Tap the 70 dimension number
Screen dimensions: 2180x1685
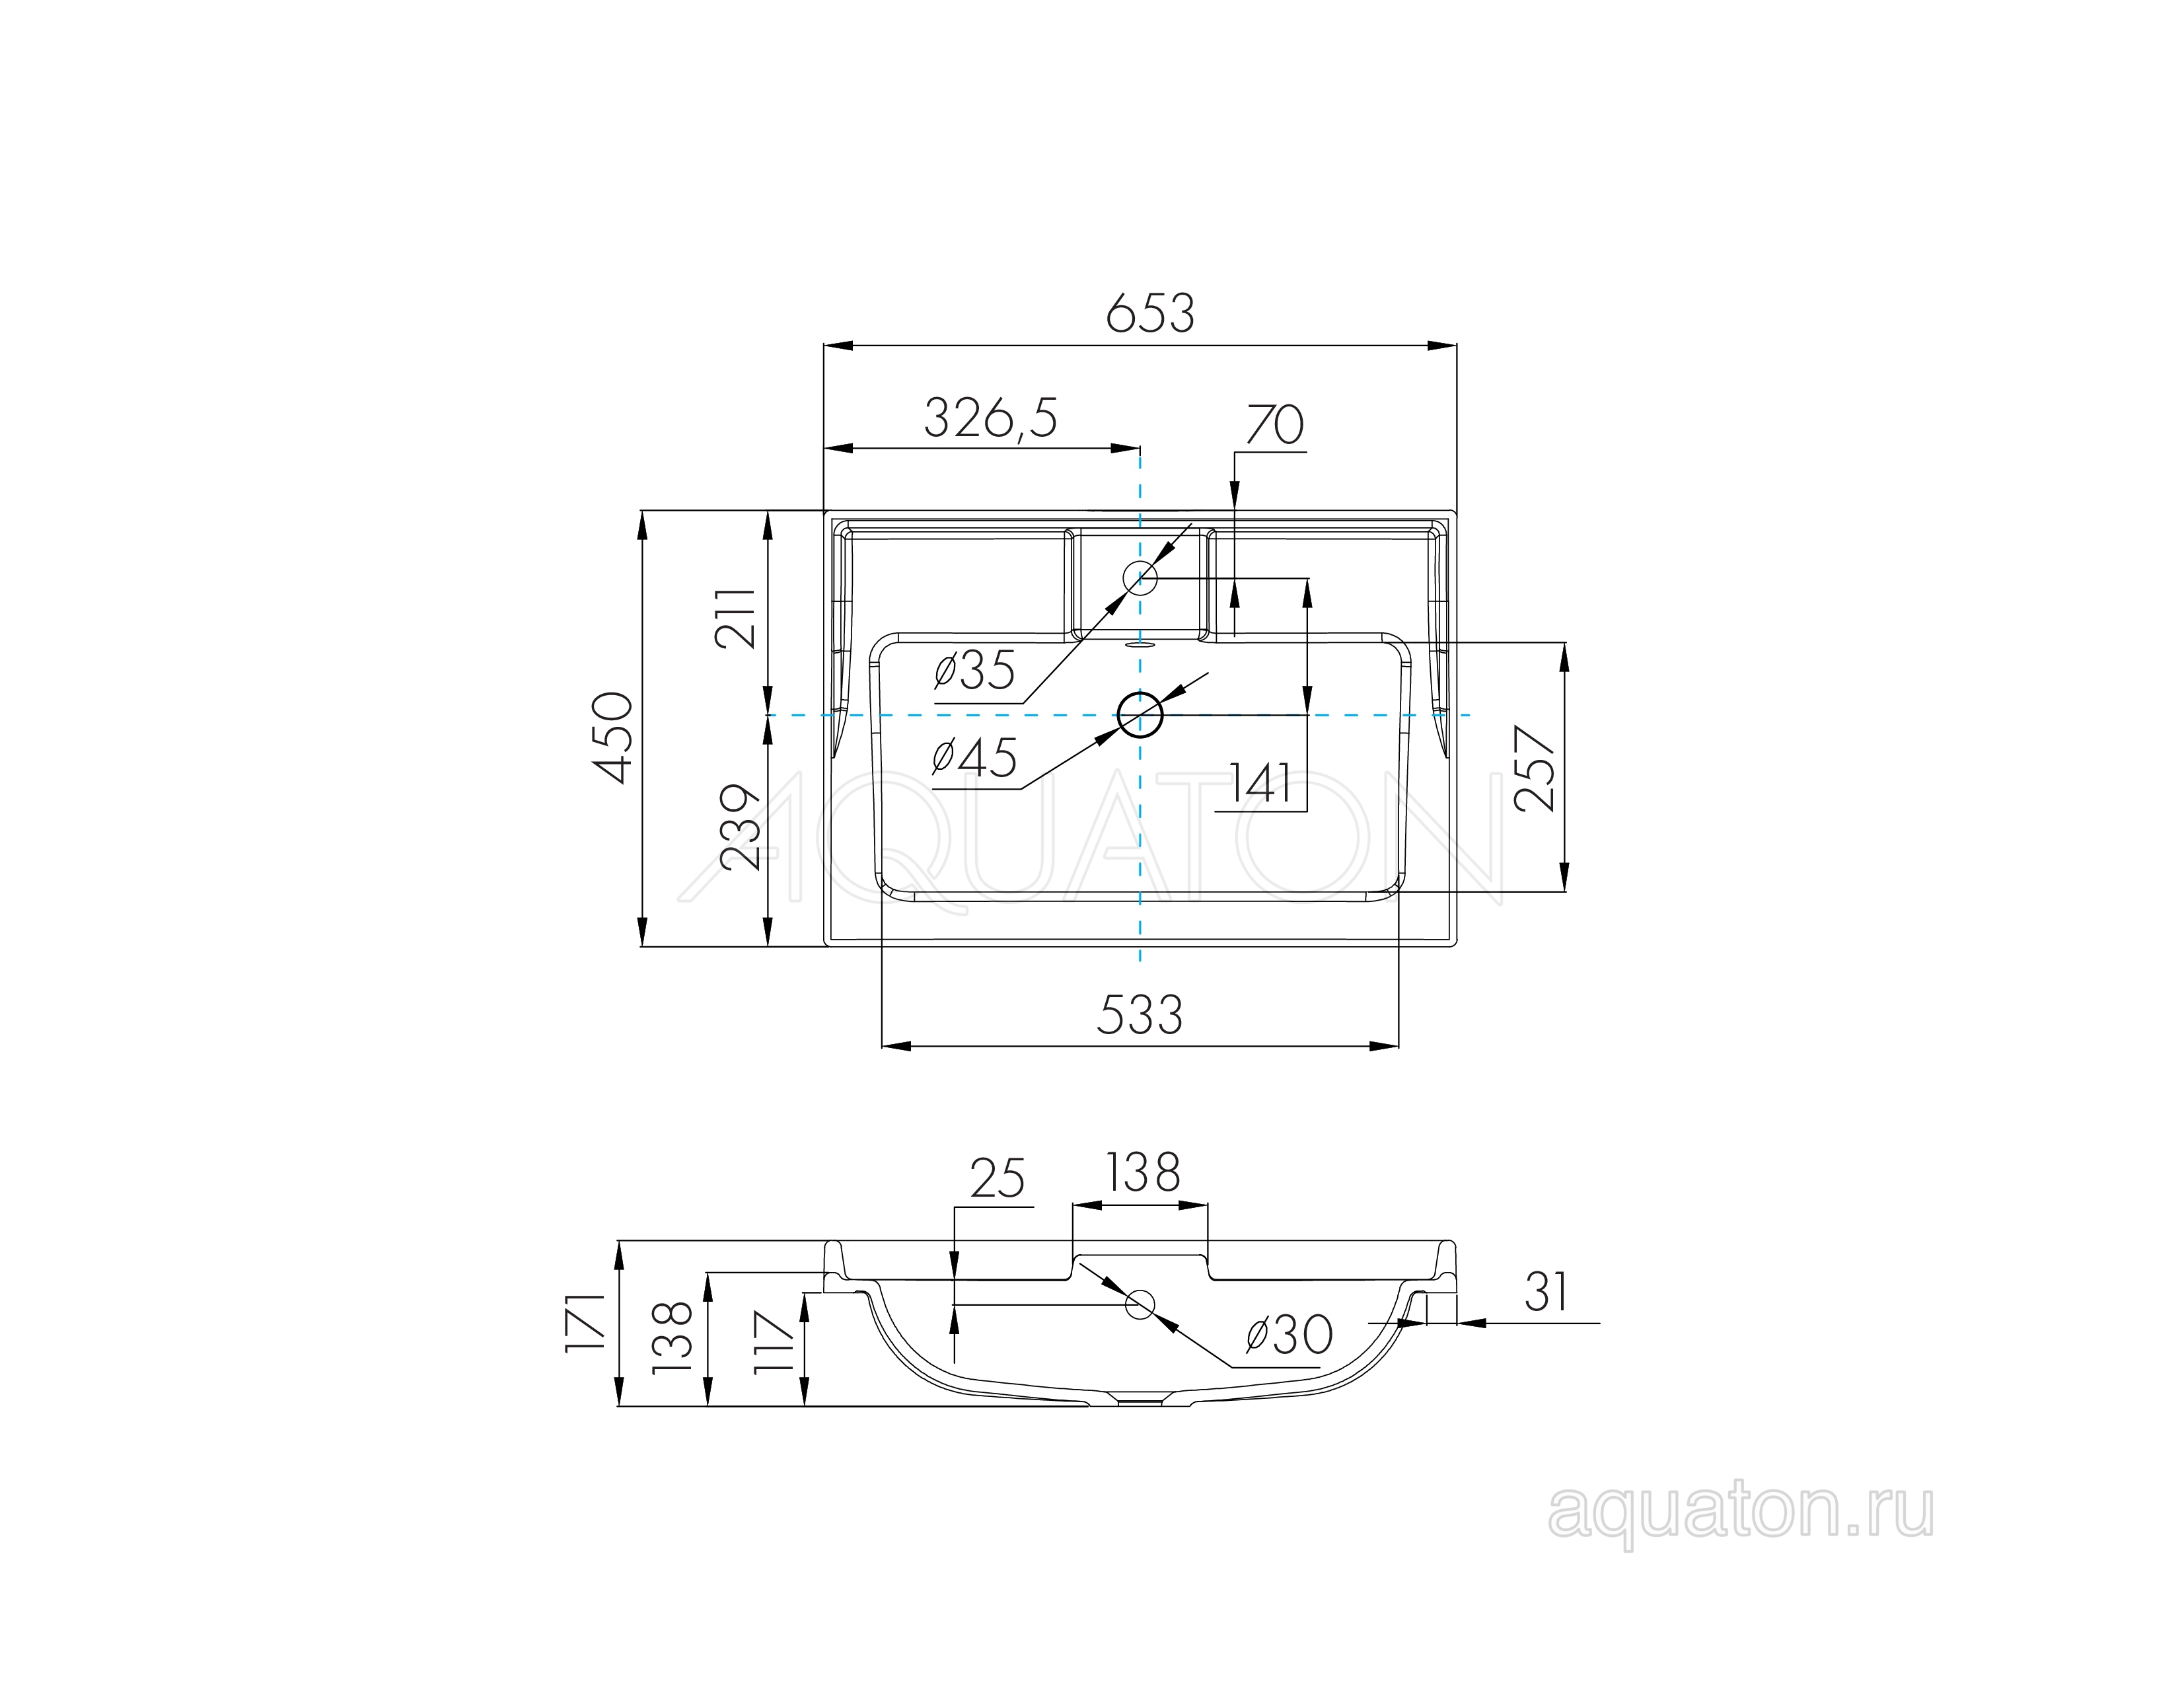[x=1275, y=426]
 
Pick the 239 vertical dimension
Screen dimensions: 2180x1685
[x=740, y=827]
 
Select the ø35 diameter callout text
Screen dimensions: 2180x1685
[x=974, y=670]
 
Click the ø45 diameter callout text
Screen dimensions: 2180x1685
[x=974, y=758]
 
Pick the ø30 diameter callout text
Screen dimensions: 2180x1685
[x=1289, y=1335]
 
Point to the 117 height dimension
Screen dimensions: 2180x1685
[x=773, y=1343]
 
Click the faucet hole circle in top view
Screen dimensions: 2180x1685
[x=1140, y=577]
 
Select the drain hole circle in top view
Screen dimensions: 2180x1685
[x=1140, y=715]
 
